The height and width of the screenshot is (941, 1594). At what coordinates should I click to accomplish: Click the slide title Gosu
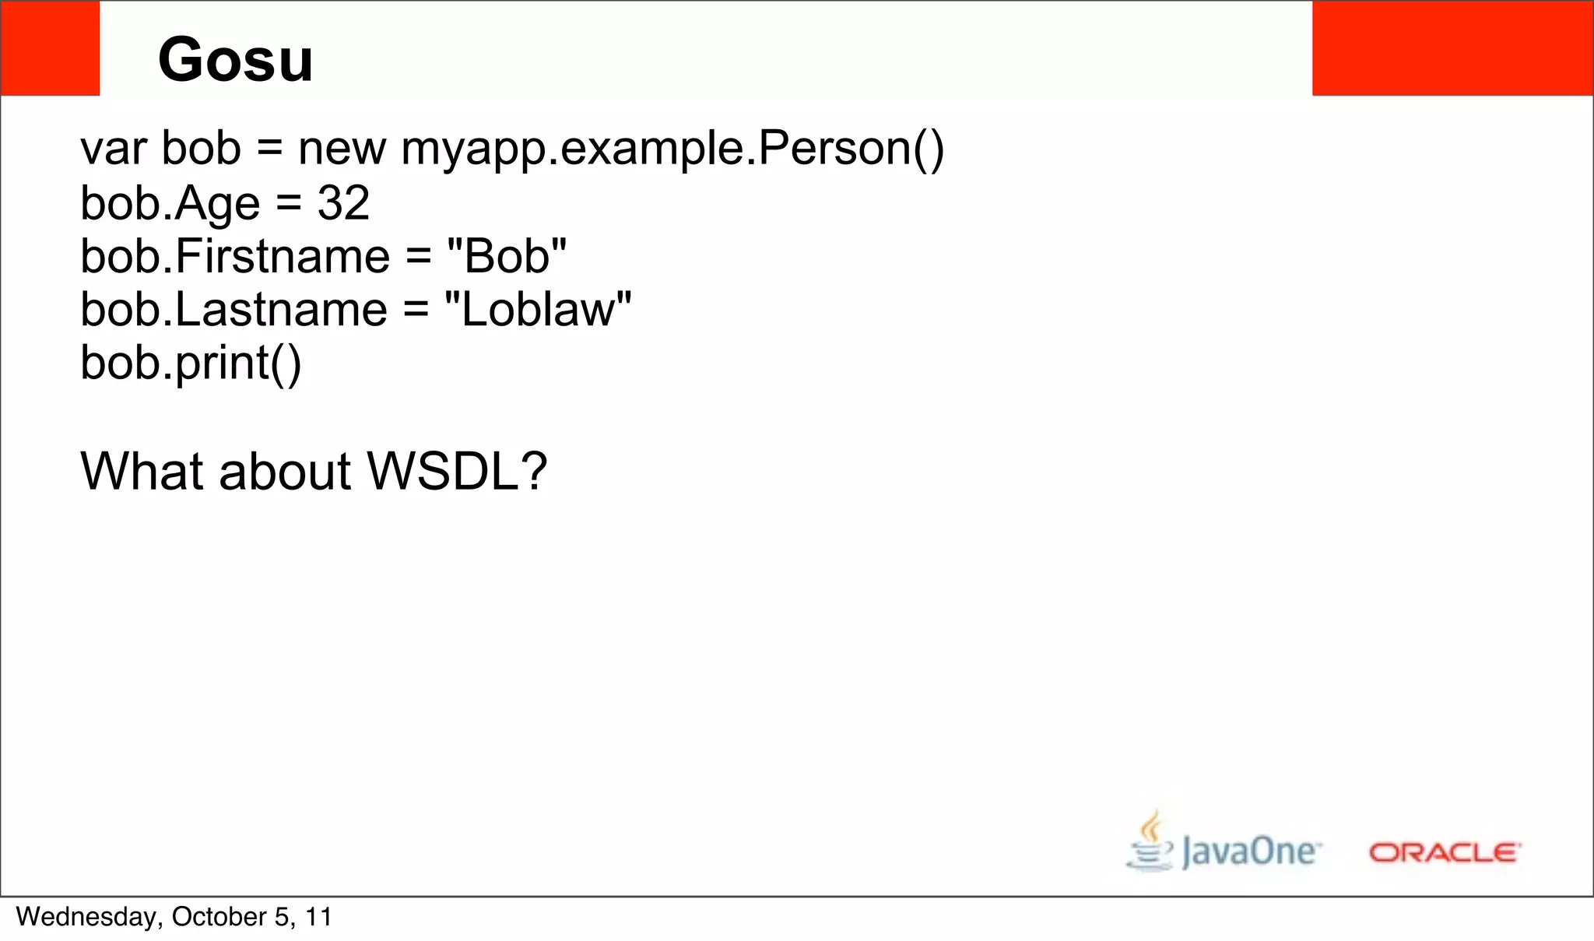pos(235,60)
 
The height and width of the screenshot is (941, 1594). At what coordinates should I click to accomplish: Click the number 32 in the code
pos(343,203)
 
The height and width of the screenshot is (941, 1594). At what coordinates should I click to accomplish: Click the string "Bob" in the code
pos(507,256)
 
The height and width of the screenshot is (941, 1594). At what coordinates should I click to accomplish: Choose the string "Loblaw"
pos(537,310)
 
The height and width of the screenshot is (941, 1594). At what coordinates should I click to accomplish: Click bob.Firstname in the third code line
pos(235,256)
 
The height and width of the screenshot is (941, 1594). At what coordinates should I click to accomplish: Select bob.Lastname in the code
pos(233,310)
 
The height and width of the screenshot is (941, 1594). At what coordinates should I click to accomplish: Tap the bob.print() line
pos(191,363)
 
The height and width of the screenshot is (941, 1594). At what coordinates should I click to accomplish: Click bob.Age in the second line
pos(170,203)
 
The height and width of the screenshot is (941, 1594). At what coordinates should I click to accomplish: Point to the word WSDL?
pos(457,471)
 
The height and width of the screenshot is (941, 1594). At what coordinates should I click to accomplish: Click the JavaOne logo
pos(1249,851)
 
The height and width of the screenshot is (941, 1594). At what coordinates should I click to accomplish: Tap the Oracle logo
pos(1445,853)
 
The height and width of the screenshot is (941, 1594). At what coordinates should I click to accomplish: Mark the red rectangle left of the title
pos(50,48)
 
